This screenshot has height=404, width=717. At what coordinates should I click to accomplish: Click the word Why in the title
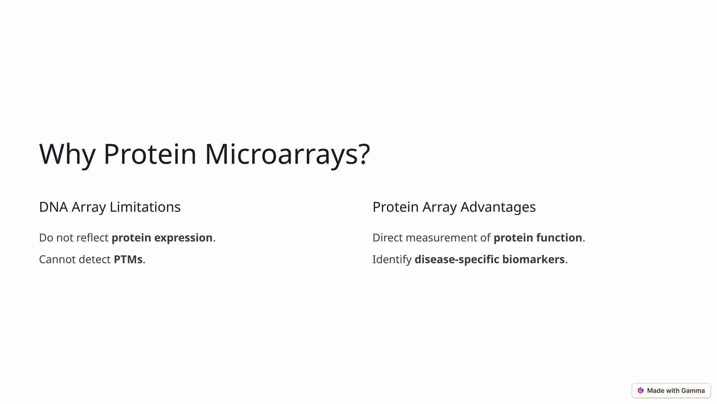67,154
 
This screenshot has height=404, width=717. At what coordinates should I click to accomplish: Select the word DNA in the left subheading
53,207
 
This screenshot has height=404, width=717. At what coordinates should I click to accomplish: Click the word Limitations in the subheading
145,207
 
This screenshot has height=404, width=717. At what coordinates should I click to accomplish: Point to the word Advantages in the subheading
498,207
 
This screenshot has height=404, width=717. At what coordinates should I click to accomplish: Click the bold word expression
183,238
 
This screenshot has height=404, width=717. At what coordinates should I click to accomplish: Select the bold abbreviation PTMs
128,260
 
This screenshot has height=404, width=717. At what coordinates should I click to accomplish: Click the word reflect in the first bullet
92,238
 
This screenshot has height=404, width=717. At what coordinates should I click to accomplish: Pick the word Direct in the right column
388,238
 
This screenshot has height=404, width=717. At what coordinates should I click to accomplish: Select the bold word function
559,238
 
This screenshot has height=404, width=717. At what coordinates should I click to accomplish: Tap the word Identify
392,260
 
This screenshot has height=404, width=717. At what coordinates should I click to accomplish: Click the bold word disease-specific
457,260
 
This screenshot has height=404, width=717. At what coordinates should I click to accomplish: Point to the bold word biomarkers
533,260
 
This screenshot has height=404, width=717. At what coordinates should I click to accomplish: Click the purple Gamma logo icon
641,391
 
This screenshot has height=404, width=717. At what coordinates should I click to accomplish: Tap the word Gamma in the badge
693,391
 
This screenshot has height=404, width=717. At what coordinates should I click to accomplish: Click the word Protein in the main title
149,154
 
